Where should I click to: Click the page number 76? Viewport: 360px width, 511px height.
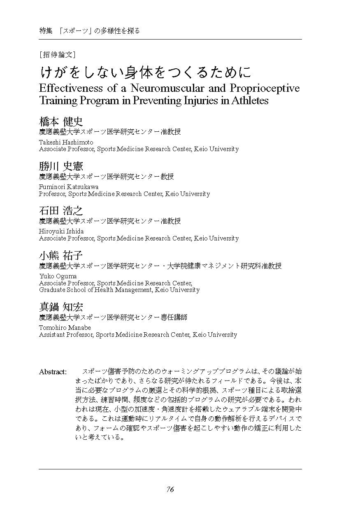point(170,490)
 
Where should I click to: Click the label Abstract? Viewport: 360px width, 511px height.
point(53,372)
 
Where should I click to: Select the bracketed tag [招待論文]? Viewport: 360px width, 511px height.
point(57,54)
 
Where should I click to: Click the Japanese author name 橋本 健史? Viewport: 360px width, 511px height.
point(61,121)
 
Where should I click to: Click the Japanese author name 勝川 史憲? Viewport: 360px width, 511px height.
point(61,166)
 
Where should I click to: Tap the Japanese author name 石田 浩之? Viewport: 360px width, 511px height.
point(61,211)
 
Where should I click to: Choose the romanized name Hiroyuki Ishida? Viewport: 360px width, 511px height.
point(61,231)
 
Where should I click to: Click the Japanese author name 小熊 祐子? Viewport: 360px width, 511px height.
point(61,255)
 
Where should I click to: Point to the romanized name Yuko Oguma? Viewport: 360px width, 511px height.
point(58,276)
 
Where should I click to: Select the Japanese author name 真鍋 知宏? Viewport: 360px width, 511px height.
point(61,307)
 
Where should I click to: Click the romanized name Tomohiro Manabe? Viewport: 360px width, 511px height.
point(65,327)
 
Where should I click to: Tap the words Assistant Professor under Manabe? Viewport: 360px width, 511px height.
point(65,335)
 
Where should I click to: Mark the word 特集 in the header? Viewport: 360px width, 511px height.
point(46,31)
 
